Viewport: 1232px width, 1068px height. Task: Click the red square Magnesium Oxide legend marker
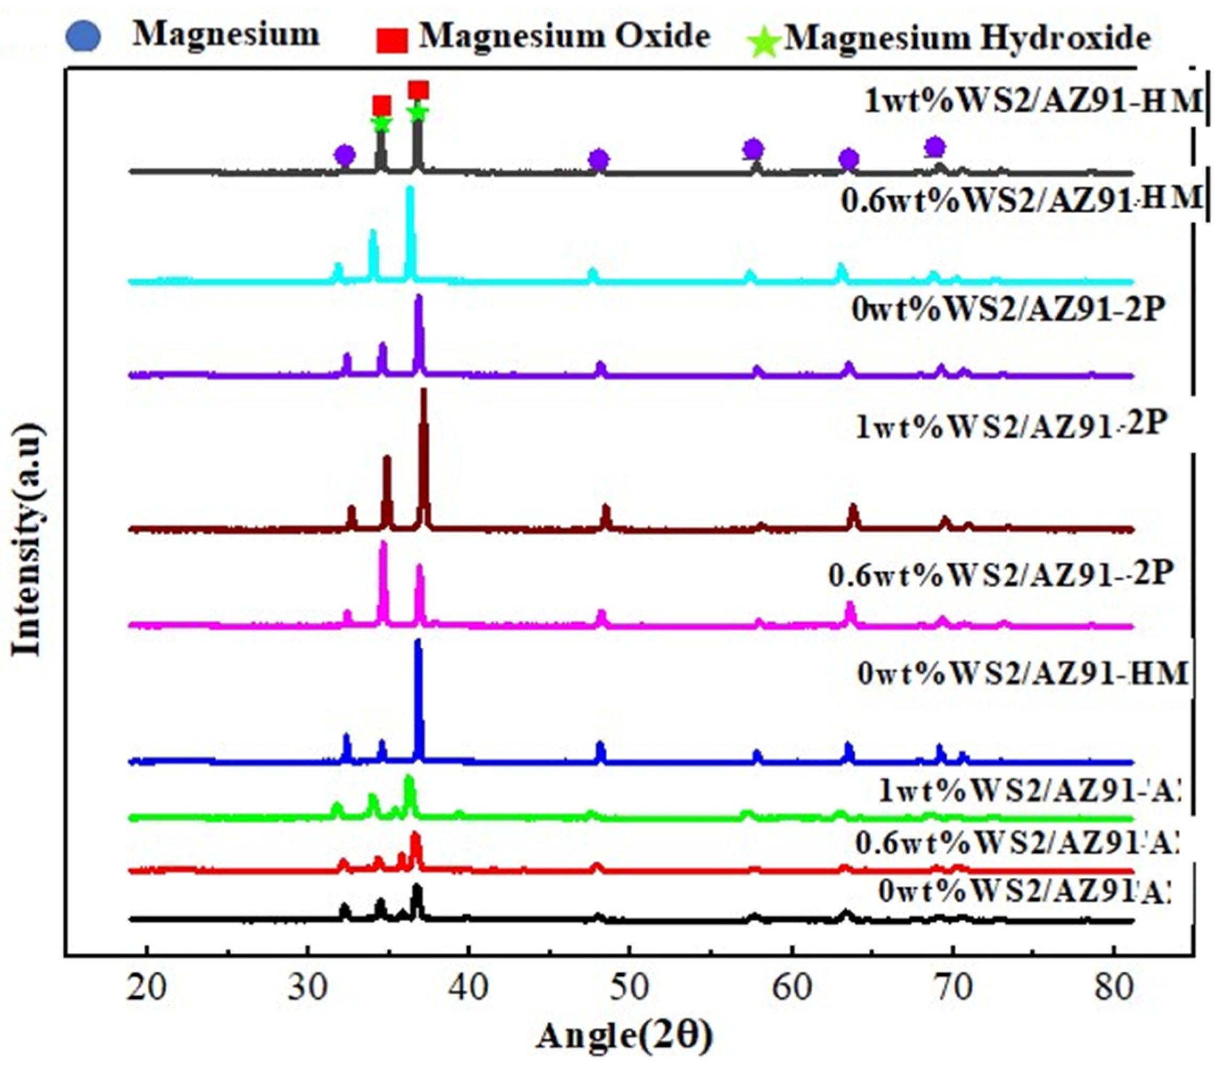(391, 40)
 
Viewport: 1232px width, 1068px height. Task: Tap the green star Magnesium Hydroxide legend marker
(765, 43)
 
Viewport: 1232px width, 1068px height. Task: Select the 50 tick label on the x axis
(630, 988)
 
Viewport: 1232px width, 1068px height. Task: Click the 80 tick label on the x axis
(1113, 988)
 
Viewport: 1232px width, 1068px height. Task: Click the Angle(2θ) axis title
(625, 1037)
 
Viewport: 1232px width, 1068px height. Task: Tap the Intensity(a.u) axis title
(27, 540)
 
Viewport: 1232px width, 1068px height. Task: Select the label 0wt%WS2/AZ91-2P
(1007, 311)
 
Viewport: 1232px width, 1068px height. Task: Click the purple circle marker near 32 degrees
(345, 156)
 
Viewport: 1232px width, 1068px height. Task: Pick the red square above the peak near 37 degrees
(419, 90)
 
